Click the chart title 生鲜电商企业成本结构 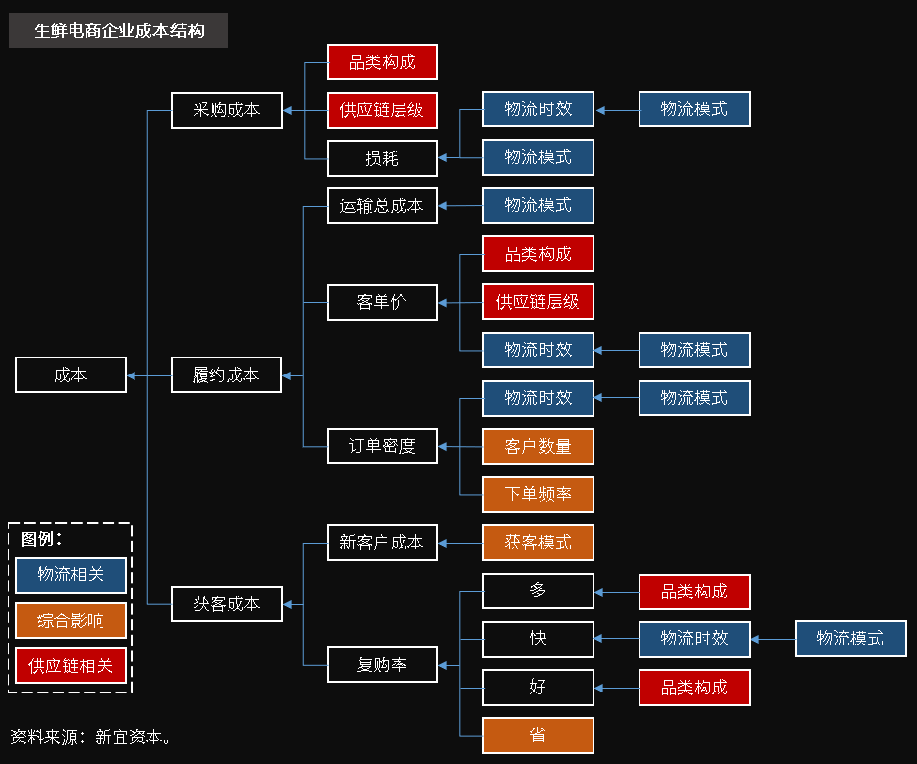point(119,31)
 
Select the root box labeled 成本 point(71,374)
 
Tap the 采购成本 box point(227,110)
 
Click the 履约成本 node point(227,374)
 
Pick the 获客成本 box point(227,603)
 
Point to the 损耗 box point(383,158)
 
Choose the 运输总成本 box point(383,206)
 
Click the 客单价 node point(383,303)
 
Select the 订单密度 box point(383,446)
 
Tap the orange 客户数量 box point(538,446)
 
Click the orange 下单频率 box point(538,494)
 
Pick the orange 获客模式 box point(538,543)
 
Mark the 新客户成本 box point(383,543)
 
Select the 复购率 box point(383,664)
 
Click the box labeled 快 point(538,639)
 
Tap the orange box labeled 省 point(538,735)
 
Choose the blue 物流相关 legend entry point(71,575)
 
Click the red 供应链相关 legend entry point(71,665)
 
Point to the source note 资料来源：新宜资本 point(91,737)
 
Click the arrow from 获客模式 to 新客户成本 point(461,543)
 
